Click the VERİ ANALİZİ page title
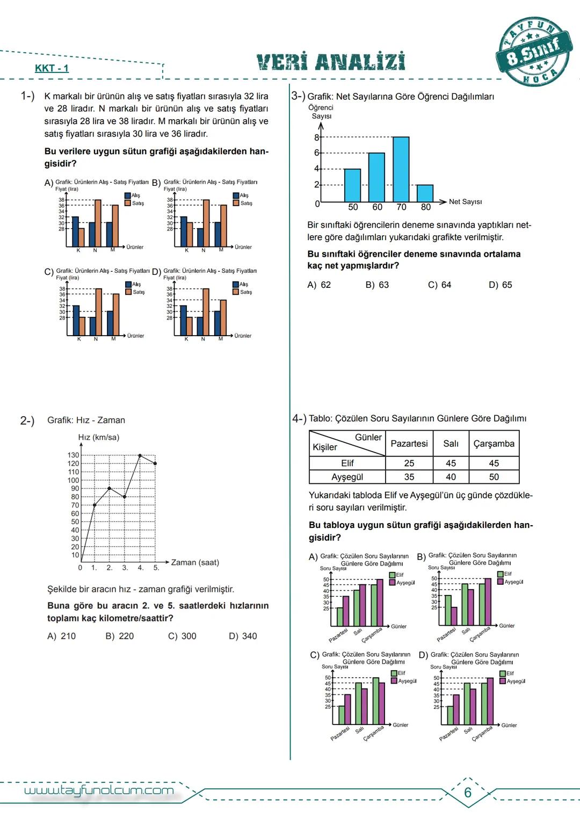coord(331,62)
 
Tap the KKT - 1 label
coord(52,68)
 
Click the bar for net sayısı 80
coord(425,193)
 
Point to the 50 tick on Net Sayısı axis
coord(353,207)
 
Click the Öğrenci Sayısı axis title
coord(321,112)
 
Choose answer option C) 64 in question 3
coord(439,285)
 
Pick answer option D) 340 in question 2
coord(243,636)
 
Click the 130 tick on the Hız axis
coord(73,455)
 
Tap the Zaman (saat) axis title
coord(195,562)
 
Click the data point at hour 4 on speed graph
coord(140,455)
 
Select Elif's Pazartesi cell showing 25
coord(409,463)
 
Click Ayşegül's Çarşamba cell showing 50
coord(494,477)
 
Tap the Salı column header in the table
coord(451,444)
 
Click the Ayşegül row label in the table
coord(347,477)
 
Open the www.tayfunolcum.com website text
coord(99,790)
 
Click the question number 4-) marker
coord(299,418)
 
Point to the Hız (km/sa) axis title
coord(99,437)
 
